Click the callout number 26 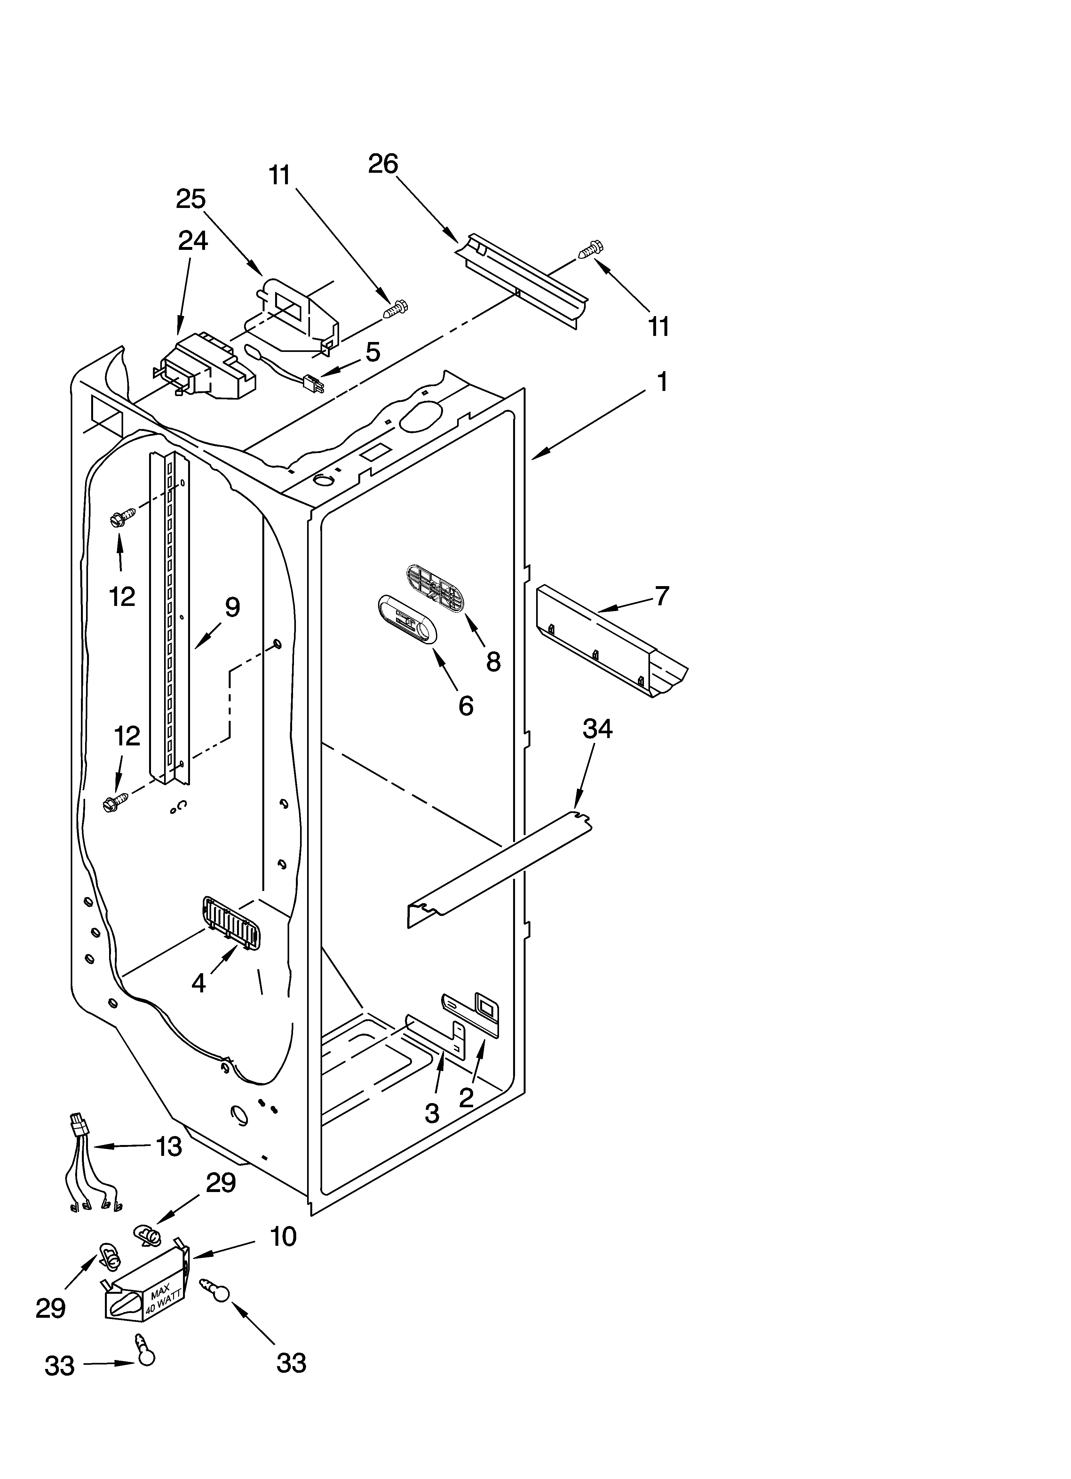pyautogui.click(x=383, y=164)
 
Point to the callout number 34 pyautogui.click(x=598, y=728)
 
